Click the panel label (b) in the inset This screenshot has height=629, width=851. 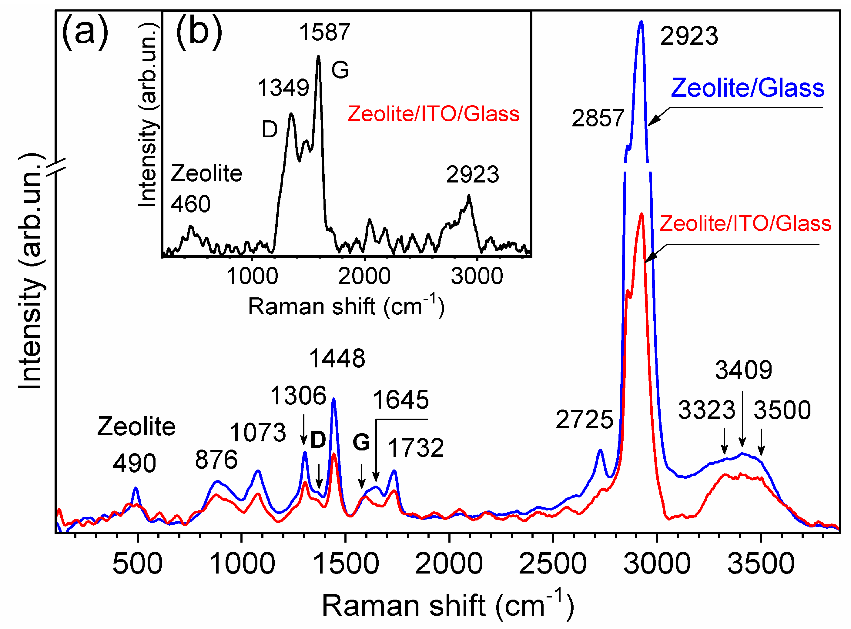tap(199, 32)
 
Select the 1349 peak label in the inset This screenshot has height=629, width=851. tap(283, 88)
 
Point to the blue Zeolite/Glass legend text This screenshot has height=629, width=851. tap(747, 88)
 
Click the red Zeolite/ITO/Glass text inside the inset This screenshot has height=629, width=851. tap(433, 114)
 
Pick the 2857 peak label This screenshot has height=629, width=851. tap(598, 118)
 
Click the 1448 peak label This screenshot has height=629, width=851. tap(337, 359)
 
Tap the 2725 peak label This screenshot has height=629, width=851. tap(585, 420)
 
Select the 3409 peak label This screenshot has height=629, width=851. tap(743, 370)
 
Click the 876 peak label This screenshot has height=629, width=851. tap(216, 460)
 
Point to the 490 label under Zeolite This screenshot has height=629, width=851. tap(134, 464)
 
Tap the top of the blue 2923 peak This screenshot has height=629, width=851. tap(641, 22)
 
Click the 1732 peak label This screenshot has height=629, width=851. tap(416, 448)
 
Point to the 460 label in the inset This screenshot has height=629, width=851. tap(190, 204)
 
